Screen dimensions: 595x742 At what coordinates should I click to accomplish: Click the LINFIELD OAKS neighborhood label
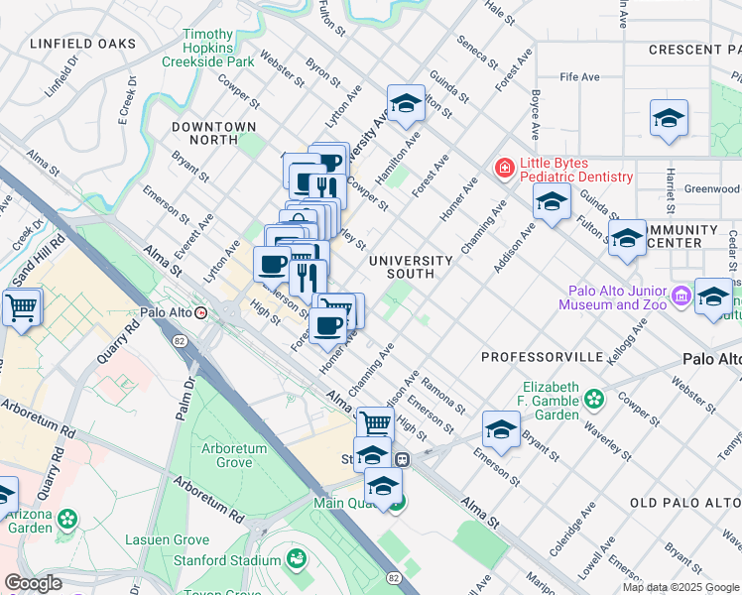pos(81,44)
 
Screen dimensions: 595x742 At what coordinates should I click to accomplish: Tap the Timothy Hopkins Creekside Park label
pos(208,48)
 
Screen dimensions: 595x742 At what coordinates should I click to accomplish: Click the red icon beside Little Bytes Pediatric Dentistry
pos(505,170)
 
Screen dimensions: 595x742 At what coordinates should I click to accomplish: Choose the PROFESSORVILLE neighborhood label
pos(542,356)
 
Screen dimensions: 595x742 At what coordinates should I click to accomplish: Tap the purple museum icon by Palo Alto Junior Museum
pos(680,296)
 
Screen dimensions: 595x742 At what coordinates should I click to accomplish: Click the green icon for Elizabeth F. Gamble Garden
pos(593,400)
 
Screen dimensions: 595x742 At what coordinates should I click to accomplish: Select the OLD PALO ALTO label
pos(684,504)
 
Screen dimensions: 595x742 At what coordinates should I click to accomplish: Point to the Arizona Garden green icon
pos(67,519)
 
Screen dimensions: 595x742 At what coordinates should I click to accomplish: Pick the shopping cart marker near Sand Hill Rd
pos(21,307)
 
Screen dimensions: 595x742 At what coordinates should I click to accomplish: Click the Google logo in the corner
pos(33,583)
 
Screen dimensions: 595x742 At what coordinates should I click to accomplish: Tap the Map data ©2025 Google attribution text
pos(680,587)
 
